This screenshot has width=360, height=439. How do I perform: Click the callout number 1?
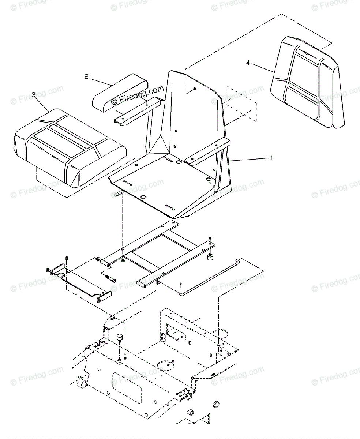271,158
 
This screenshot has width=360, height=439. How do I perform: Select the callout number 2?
86,76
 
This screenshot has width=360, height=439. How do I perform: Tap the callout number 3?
33,95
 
